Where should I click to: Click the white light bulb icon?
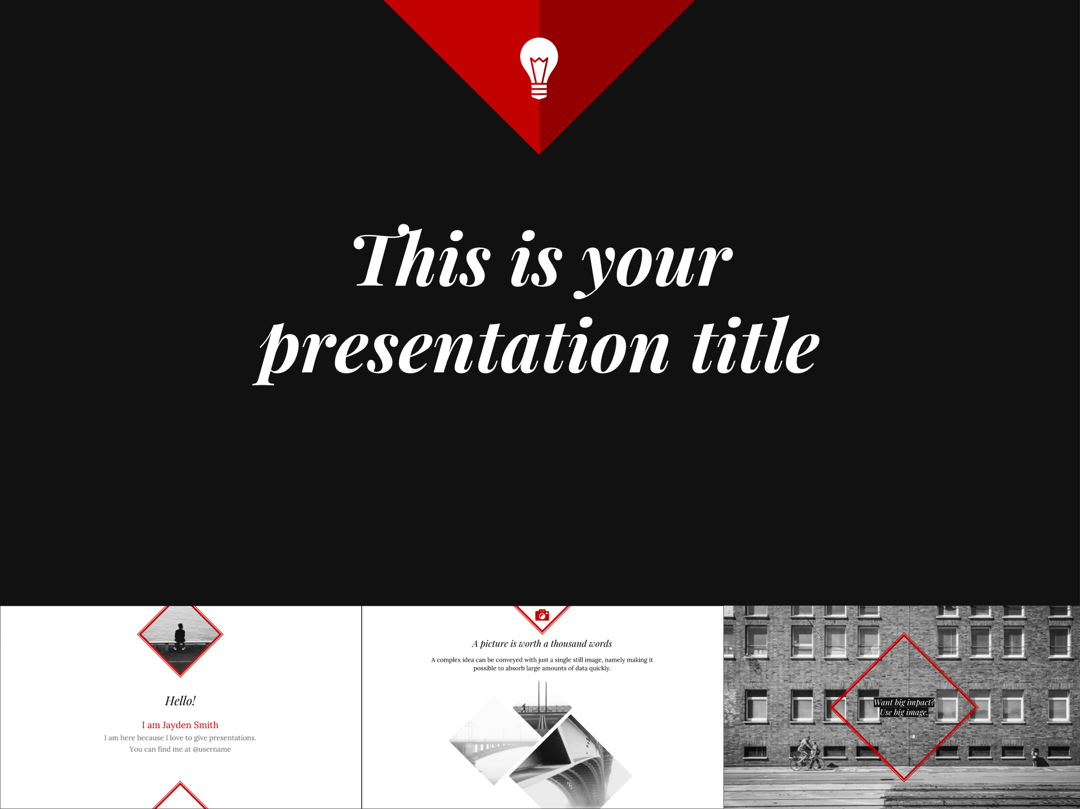pyautogui.click(x=539, y=68)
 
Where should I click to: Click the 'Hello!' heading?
pyautogui.click(x=180, y=701)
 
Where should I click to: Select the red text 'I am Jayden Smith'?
pyautogui.click(x=180, y=725)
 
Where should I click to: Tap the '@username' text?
pyautogui.click(x=212, y=749)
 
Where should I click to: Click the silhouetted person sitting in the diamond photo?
pyautogui.click(x=180, y=637)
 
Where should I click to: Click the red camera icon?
pyautogui.click(x=542, y=615)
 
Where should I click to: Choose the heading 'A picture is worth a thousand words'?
pyautogui.click(x=542, y=644)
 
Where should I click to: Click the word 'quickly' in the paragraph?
pyautogui.click(x=599, y=669)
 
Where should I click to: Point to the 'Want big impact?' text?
pyautogui.click(x=904, y=703)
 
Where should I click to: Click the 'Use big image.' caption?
pyautogui.click(x=904, y=713)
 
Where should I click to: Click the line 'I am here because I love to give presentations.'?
pyautogui.click(x=180, y=738)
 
